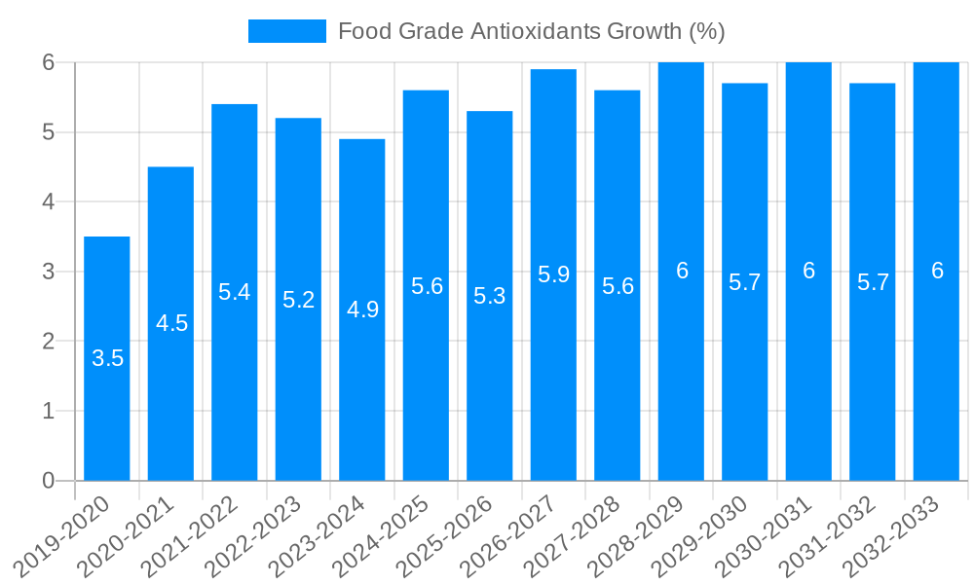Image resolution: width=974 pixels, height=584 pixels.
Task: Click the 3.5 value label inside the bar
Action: pos(107,358)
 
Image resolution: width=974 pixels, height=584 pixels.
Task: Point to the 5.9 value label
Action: pos(553,274)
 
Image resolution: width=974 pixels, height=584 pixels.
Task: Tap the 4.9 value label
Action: pos(362,310)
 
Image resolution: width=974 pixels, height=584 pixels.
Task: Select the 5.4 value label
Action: pos(235,292)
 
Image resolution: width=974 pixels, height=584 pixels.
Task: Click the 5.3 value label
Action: pos(490,296)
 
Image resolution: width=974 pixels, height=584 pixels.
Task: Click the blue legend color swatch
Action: pos(287,31)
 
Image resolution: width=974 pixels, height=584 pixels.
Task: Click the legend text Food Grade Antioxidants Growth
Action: pos(531,31)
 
